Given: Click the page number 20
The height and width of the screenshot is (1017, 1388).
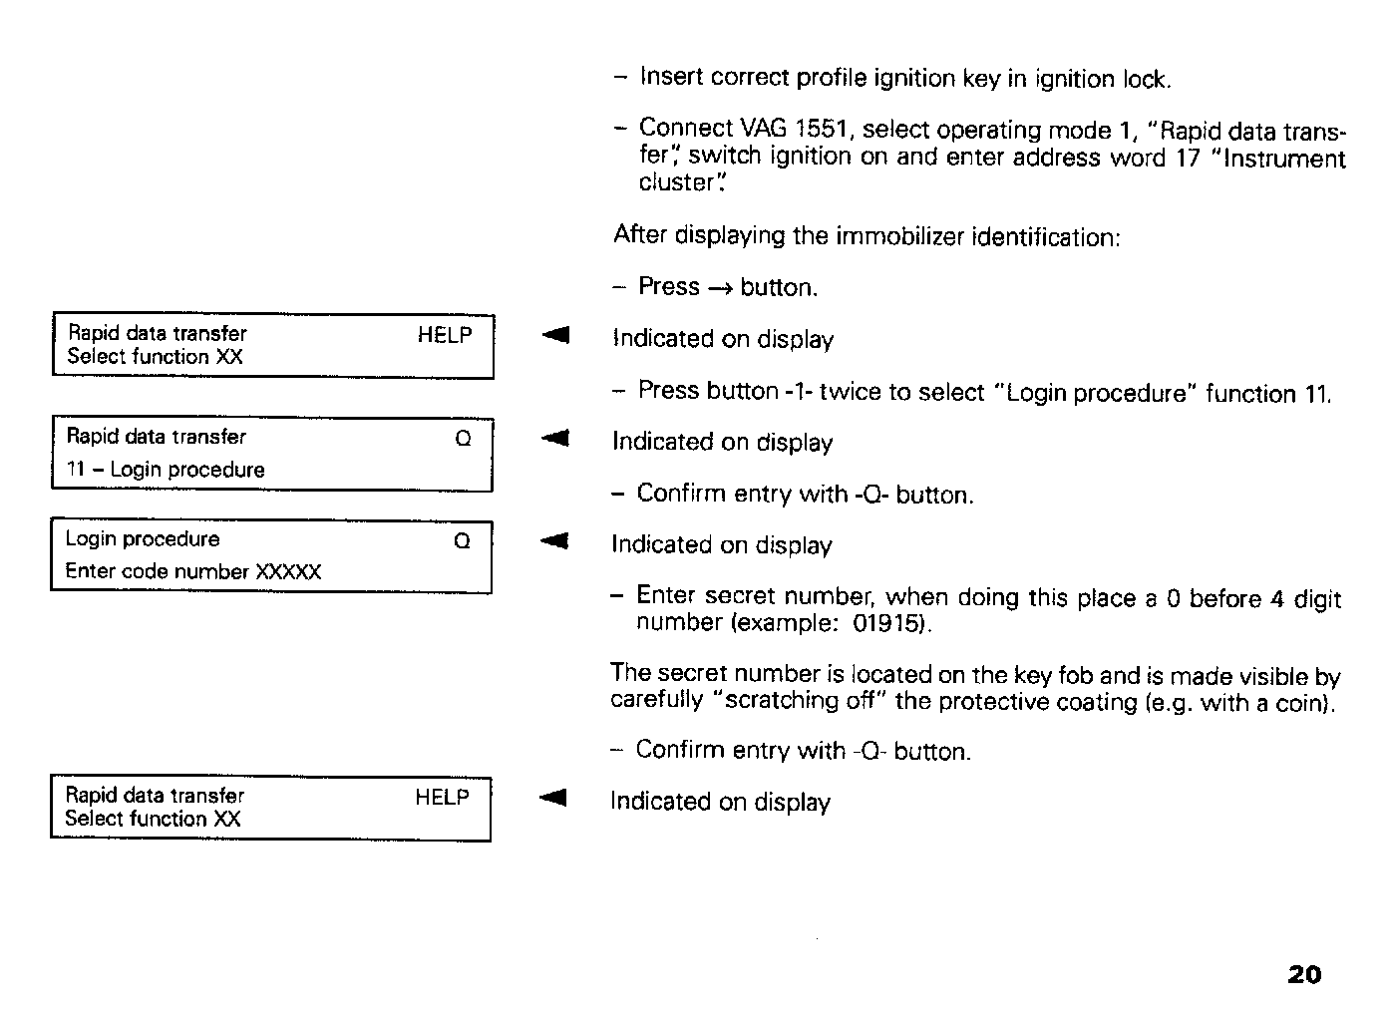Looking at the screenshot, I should point(1304,974).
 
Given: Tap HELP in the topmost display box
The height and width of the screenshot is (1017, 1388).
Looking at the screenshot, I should point(445,335).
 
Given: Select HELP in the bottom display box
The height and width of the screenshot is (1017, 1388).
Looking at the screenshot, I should point(442,797).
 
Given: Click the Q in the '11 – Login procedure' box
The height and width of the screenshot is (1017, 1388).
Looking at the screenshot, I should point(463,439).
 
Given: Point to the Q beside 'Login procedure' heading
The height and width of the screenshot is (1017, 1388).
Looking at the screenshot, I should point(462,541).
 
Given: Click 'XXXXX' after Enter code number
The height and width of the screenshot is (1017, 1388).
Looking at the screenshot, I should point(288,572).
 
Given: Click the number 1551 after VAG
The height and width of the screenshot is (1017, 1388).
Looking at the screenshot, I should point(822,130).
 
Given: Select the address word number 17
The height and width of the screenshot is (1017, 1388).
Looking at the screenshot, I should point(1187,159).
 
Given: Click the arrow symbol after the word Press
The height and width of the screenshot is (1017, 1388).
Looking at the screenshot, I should point(720,288).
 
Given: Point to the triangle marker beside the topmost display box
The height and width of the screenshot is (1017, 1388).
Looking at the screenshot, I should point(555,336).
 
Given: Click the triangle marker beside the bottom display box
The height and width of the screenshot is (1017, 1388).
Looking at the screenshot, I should point(553,798).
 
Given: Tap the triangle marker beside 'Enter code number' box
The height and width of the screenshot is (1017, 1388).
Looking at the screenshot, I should point(554,541).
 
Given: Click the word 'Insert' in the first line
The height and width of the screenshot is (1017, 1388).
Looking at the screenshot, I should point(671,78).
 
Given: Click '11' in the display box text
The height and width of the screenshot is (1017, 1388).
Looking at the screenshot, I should point(76,470).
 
